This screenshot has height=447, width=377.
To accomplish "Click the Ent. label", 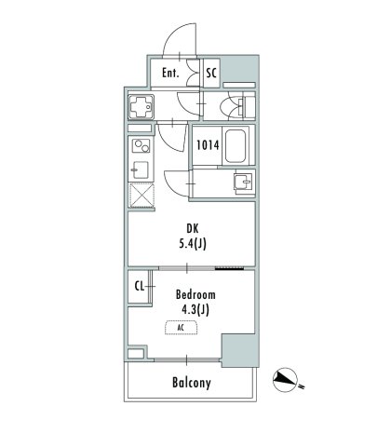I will click(170, 73).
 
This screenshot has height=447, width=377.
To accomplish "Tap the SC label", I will click(211, 73).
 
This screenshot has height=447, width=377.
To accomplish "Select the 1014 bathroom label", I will click(207, 144).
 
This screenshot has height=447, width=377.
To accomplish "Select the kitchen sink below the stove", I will click(140, 170).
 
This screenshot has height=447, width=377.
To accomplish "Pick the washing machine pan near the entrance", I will click(141, 108).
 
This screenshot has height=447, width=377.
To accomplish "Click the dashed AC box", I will click(179, 328).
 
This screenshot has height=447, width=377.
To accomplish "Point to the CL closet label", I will click(139, 287).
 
